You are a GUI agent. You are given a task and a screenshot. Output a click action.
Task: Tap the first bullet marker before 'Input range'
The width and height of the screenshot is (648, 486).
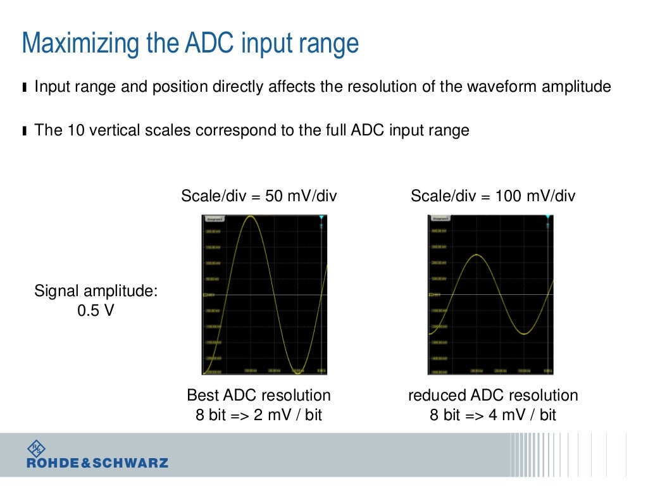[24, 87]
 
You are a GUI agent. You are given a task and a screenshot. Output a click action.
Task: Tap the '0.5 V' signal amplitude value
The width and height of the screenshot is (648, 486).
[96, 311]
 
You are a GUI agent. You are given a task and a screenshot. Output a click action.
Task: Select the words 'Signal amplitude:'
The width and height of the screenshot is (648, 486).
[96, 292]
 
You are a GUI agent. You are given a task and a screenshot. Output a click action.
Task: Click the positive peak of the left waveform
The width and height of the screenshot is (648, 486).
[251, 217]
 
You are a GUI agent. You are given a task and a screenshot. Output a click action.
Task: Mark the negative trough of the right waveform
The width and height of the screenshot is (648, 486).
[525, 333]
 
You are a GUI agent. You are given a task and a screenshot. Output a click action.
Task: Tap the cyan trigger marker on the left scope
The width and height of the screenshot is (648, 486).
[321, 218]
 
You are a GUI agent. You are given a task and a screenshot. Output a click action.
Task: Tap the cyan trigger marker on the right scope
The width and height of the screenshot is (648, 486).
[549, 218]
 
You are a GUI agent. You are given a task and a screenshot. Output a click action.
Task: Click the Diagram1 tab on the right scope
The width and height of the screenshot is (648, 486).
[440, 219]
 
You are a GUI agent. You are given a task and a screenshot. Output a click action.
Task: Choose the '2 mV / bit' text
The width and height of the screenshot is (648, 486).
[286, 416]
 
